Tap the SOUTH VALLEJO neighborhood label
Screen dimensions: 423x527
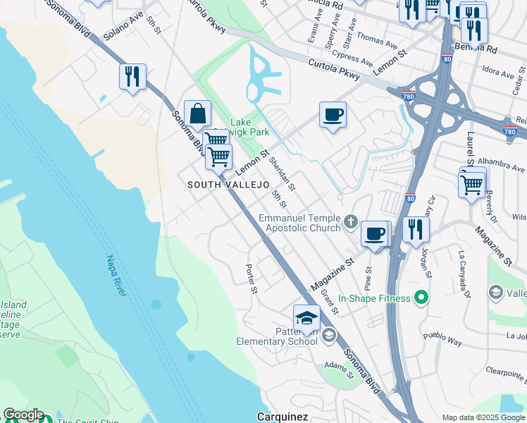(x=228, y=185)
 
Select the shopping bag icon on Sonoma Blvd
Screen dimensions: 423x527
(x=198, y=114)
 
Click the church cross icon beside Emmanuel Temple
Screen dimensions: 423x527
(x=352, y=223)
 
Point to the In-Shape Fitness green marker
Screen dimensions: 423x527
(x=421, y=298)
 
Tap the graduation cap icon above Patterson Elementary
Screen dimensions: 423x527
(x=306, y=319)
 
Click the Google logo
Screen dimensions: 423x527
(x=23, y=415)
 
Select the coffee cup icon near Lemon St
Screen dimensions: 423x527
(x=333, y=114)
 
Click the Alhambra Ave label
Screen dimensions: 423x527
(x=500, y=169)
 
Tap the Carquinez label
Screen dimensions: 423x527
(x=282, y=417)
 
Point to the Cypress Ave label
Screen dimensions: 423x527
(x=354, y=58)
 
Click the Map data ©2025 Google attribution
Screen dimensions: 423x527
(x=483, y=417)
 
